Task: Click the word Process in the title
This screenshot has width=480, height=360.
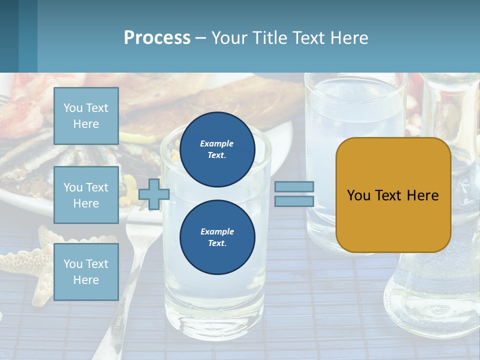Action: (157, 37)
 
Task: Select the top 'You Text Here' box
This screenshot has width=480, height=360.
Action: (86, 116)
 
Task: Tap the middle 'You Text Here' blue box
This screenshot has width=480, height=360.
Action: (86, 195)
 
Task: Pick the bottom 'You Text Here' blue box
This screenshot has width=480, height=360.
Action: (86, 271)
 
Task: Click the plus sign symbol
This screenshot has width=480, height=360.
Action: (153, 194)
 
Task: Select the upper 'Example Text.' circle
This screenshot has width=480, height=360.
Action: (217, 149)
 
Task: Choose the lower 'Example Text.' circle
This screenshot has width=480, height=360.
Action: (217, 237)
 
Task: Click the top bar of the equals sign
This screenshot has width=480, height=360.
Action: (294, 187)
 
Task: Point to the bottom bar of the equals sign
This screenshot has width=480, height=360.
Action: (294, 201)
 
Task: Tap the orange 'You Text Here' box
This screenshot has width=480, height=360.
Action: (393, 195)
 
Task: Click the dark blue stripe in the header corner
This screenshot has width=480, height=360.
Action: (9, 36)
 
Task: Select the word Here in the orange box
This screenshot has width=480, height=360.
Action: (422, 195)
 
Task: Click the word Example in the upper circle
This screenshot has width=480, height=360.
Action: (217, 143)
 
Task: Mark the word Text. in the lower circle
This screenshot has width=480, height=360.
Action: (217, 243)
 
